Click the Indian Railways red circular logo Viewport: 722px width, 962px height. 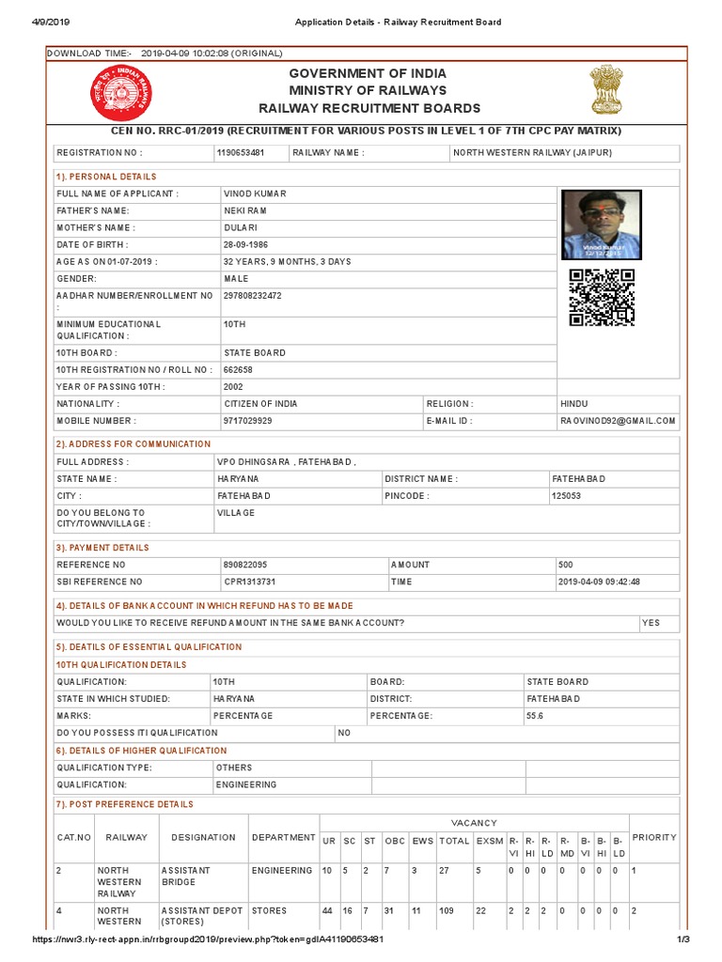tap(114, 94)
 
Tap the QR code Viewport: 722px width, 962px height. tap(602, 297)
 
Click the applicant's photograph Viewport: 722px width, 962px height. tap(601, 225)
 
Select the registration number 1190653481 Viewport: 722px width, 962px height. tap(240, 152)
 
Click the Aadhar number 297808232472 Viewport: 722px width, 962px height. tap(252, 296)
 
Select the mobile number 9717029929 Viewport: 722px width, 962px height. tap(247, 421)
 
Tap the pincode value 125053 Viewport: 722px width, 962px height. tap(567, 495)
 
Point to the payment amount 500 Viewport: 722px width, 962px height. tap(566, 565)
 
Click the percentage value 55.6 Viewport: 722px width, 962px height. tap(536, 716)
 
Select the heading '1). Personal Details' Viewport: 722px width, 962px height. tap(106, 177)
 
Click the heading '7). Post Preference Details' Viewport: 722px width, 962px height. tap(125, 805)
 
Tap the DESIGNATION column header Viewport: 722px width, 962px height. tap(203, 837)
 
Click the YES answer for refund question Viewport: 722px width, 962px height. tap(651, 623)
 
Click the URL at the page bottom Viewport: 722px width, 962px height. tap(208, 939)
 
